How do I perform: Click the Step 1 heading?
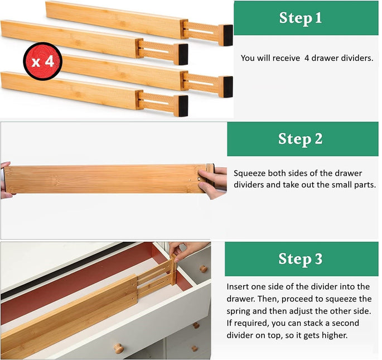300,18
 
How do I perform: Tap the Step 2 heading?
300,139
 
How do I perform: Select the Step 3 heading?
300,259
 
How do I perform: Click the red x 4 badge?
42,61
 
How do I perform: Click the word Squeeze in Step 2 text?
250,174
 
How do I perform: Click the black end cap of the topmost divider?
226,35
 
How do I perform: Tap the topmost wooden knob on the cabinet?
204,268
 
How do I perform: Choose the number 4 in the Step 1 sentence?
307,58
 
